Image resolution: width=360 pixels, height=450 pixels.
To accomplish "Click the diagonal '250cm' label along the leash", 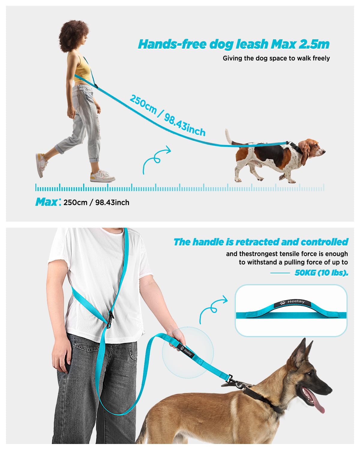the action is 143,104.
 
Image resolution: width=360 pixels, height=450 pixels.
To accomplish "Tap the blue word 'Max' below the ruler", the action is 46,202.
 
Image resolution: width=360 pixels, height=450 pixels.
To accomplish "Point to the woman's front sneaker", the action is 103,176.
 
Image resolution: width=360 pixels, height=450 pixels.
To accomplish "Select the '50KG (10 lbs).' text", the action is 321,273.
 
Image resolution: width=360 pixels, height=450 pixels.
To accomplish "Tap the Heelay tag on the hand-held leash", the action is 186,351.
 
